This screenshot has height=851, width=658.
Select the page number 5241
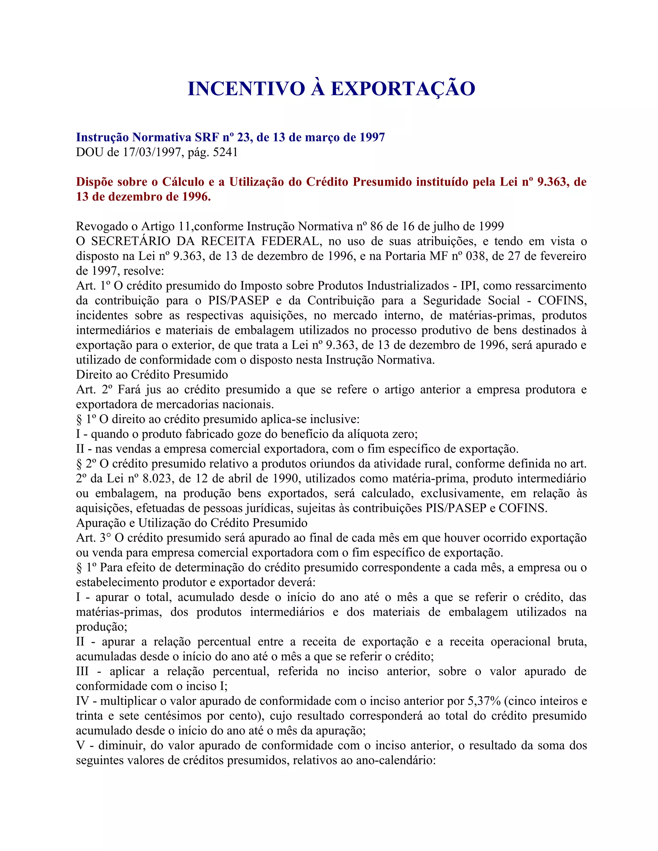pos(225,152)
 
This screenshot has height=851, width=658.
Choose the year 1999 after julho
pos(491,226)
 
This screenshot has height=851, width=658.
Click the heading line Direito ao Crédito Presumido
pos(152,374)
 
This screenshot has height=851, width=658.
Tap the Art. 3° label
pos(93,538)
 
